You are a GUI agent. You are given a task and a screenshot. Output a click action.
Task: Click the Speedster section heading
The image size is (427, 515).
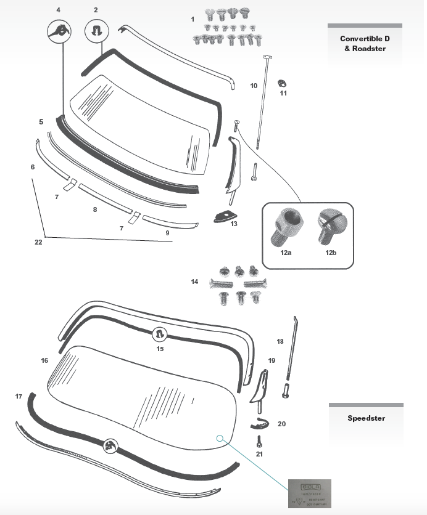click(x=366, y=418)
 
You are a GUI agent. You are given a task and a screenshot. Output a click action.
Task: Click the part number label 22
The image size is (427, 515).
click(x=38, y=242)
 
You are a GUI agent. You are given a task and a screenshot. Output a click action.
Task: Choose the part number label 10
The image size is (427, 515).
click(x=254, y=86)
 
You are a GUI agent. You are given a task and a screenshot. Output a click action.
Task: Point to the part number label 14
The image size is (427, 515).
click(x=195, y=282)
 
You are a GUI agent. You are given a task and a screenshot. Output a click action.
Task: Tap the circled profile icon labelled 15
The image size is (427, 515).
click(x=160, y=335)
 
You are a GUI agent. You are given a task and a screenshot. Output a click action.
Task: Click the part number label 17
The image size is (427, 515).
click(x=19, y=397)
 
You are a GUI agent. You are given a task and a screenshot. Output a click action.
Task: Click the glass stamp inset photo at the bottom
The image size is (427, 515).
click(x=310, y=493)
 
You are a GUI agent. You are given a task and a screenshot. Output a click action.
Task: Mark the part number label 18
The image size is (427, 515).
click(x=280, y=341)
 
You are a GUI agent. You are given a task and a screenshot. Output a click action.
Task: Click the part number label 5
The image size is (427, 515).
click(x=41, y=122)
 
